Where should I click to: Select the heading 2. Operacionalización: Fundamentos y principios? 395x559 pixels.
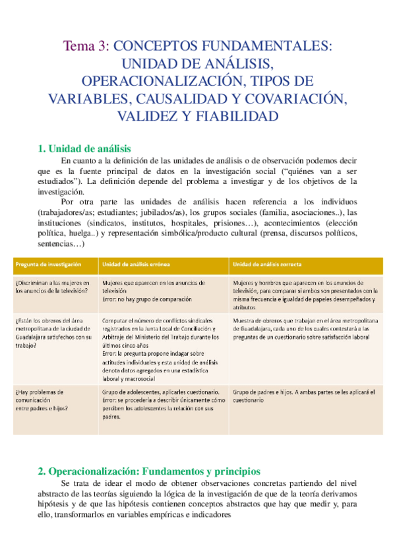click(149, 471)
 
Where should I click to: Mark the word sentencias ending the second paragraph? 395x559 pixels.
click(55, 245)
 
